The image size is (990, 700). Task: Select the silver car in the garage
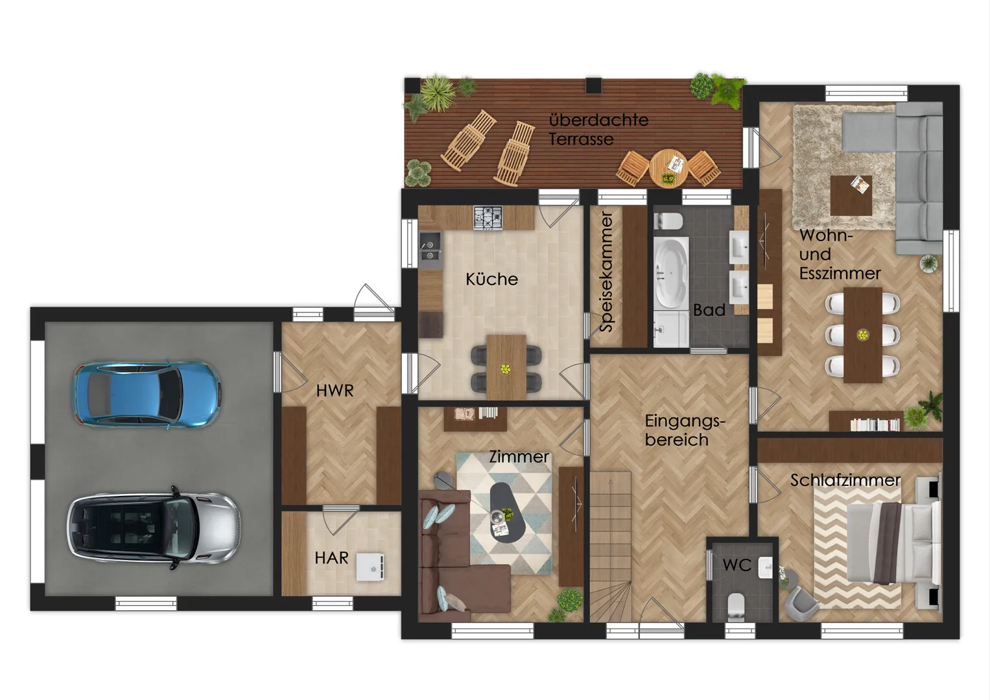coord(154,528)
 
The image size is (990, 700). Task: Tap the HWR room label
coord(335,391)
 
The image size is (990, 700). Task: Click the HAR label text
coord(331,558)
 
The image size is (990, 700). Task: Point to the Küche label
coord(492,279)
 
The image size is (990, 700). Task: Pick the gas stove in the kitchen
coord(488,217)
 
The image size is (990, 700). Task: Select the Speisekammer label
coord(606,272)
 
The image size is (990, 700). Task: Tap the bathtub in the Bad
coord(671,273)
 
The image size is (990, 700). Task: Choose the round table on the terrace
coord(668,169)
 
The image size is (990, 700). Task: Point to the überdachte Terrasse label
coord(598,130)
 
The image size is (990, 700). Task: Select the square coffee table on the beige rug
coord(851,196)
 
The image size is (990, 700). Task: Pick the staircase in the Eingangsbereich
coord(610,546)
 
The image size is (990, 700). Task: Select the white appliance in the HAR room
coord(370,566)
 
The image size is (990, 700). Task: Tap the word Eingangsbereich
coord(685,430)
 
